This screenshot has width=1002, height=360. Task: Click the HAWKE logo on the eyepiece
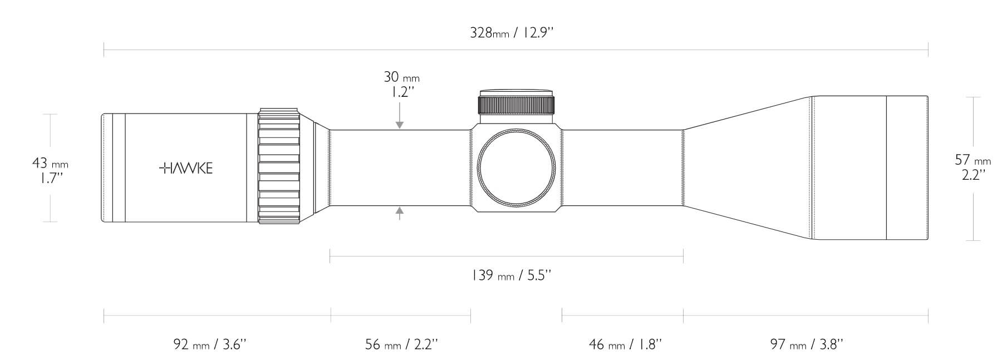click(x=186, y=168)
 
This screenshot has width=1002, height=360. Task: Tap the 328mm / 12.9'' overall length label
click(x=512, y=33)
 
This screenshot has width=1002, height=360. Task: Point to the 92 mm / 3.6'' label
click(x=214, y=344)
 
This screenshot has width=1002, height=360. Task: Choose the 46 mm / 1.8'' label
click(x=625, y=344)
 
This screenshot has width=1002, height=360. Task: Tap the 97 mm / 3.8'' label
click(x=807, y=344)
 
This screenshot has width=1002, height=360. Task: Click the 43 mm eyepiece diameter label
click(x=50, y=164)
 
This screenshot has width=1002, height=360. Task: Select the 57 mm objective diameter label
click(x=973, y=160)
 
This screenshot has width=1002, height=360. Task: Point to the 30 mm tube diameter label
click(x=401, y=77)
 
